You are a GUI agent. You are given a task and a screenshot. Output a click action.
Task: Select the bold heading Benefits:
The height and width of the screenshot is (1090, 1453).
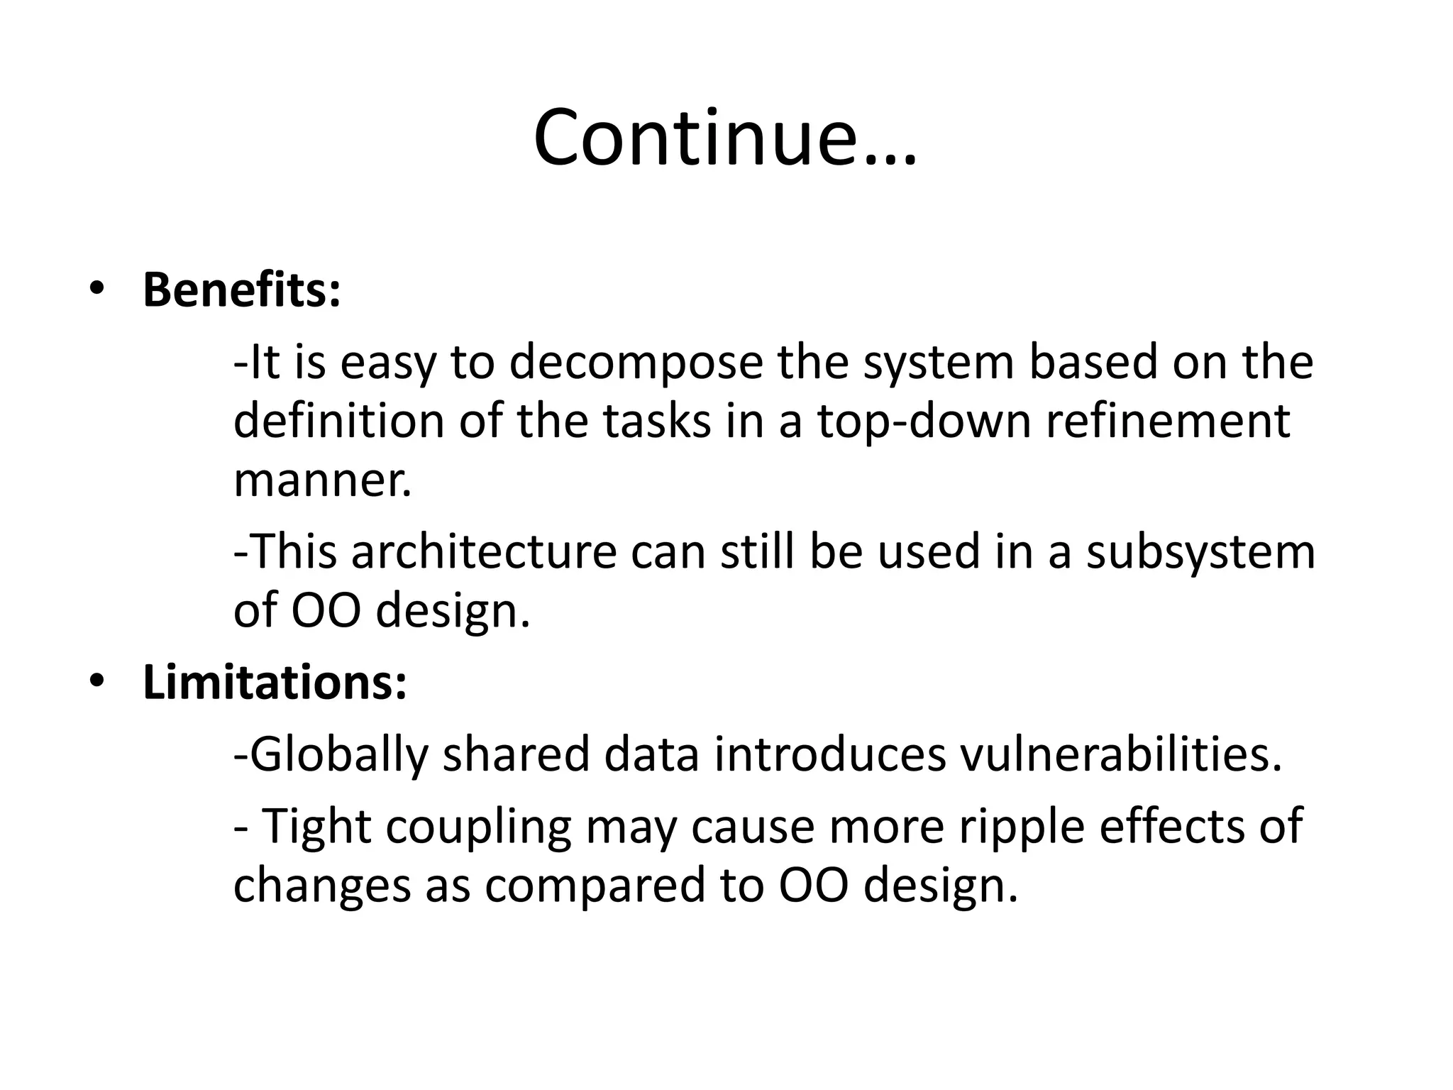pos(241,290)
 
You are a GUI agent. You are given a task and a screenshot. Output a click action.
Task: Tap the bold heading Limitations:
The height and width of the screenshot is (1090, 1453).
pos(275,683)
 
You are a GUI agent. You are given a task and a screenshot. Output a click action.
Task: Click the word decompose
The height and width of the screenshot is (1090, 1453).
pos(635,363)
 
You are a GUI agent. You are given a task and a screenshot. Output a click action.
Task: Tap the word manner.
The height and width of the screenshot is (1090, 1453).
pos(322,480)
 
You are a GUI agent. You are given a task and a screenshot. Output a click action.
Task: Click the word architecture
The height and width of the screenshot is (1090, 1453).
pos(485,552)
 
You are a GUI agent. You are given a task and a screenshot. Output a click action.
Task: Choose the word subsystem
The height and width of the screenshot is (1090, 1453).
pos(1200,552)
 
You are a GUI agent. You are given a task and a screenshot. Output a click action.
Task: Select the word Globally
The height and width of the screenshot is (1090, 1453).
pos(339,755)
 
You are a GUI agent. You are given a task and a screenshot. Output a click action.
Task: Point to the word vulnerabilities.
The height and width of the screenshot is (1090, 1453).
pos(1121,755)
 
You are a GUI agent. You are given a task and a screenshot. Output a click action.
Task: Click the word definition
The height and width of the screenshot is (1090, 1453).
pos(338,422)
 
